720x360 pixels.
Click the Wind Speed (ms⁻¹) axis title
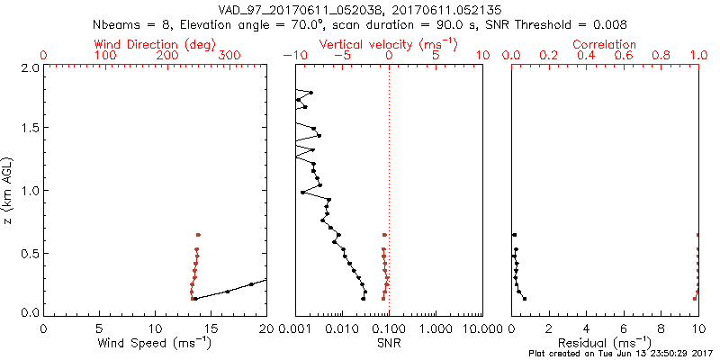click(156, 343)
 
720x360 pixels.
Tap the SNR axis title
click(389, 343)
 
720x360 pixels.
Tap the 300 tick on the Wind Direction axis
click(229, 56)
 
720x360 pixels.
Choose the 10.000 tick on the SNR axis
click(481, 327)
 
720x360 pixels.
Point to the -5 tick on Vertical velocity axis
click(340, 56)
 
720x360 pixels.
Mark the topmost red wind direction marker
click(198, 234)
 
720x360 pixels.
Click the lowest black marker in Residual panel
click(525, 298)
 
